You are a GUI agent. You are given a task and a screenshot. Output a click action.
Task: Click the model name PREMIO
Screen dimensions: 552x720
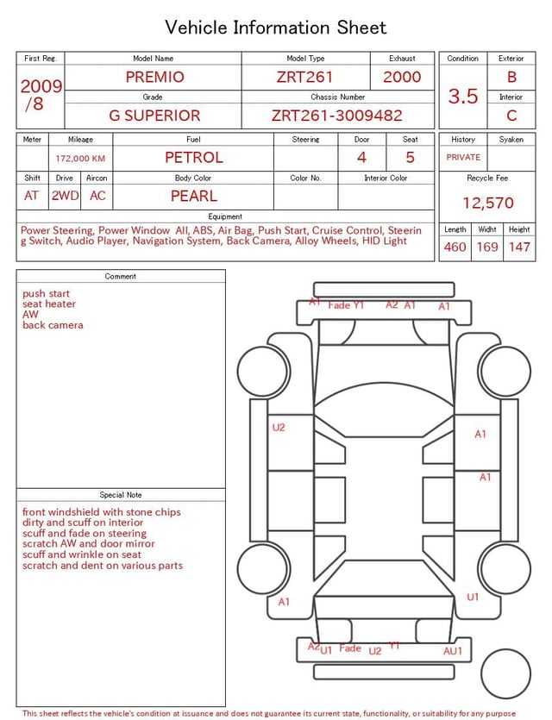tap(154, 77)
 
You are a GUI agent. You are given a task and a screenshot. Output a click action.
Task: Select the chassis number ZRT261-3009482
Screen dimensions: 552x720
tap(336, 116)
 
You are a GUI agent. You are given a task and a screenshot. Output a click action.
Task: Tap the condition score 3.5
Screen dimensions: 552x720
tap(463, 96)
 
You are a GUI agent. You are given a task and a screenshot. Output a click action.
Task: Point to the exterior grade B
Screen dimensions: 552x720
tap(511, 77)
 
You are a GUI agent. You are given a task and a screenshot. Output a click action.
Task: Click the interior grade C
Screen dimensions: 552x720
tap(511, 116)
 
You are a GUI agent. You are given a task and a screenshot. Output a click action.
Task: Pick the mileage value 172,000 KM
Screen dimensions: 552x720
tap(80, 159)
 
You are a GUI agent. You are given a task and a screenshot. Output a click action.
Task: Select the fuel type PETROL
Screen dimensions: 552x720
tap(194, 158)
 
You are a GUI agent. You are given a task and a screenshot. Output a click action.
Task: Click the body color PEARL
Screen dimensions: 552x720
tap(194, 196)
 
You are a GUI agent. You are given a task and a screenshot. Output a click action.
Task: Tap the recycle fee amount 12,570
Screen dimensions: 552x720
tap(487, 203)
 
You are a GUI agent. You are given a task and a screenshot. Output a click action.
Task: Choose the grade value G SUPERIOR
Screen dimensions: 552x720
tap(154, 116)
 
